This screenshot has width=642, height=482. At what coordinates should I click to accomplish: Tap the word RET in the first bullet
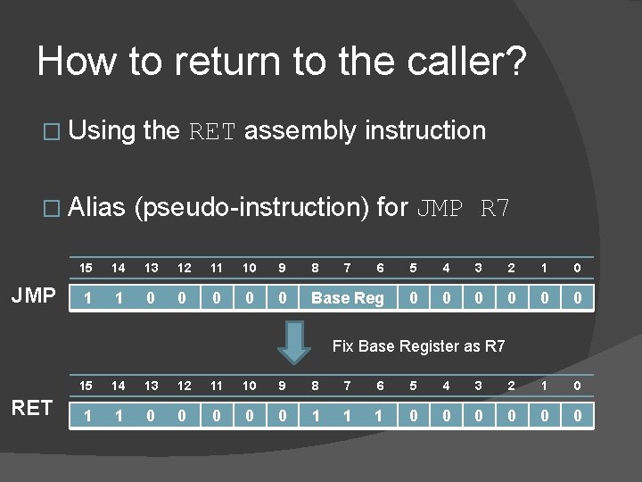[212, 132]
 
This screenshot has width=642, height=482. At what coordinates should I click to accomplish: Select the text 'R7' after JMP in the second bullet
[496, 209]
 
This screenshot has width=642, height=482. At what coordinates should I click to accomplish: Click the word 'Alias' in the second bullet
[96, 208]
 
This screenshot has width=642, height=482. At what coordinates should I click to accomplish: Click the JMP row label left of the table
[35, 296]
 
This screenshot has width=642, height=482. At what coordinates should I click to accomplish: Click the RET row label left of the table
[33, 409]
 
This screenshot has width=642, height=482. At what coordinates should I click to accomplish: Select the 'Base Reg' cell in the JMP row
[347, 298]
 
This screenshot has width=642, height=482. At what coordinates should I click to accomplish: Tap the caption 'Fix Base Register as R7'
[418, 345]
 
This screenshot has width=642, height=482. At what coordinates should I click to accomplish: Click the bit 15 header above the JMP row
[86, 268]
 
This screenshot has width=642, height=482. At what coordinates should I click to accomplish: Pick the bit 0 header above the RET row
[577, 386]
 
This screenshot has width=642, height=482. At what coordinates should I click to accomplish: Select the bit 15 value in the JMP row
[86, 298]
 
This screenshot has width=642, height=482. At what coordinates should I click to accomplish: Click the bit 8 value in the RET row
[315, 415]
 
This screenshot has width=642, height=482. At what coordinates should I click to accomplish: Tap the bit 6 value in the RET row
[380, 415]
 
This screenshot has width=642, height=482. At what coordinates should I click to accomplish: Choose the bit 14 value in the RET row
[119, 415]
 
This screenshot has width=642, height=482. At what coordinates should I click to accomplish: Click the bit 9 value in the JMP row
[282, 298]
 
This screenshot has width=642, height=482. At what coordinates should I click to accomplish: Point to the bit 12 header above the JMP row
[184, 268]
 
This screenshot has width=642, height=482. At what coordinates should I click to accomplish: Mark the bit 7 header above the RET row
[347, 386]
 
